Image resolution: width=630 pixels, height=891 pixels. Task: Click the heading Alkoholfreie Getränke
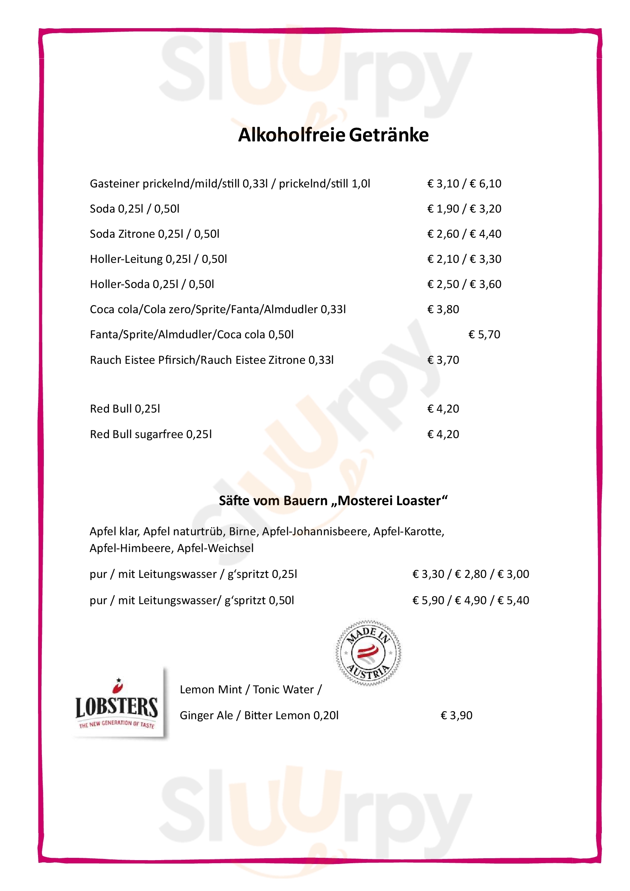click(333, 135)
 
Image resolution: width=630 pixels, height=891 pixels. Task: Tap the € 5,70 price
click(484, 334)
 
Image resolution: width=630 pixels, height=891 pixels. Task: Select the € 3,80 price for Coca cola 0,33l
click(443, 309)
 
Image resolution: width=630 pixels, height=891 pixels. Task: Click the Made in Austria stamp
click(368, 653)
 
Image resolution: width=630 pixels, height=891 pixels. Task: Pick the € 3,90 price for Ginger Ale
click(456, 715)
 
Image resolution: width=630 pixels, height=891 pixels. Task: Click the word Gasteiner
click(114, 184)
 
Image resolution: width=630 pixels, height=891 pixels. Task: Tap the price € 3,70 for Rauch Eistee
click(443, 360)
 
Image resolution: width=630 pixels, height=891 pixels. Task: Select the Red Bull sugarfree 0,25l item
click(151, 434)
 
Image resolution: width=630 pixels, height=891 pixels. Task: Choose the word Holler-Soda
click(120, 284)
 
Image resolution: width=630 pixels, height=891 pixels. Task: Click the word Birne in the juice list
click(243, 531)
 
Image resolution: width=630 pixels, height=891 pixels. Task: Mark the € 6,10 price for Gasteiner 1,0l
click(485, 184)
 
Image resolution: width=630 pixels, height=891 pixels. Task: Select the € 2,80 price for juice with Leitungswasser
click(470, 574)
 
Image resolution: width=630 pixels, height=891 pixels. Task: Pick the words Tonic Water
click(283, 689)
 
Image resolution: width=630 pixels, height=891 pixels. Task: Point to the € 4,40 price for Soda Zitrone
click(485, 234)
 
